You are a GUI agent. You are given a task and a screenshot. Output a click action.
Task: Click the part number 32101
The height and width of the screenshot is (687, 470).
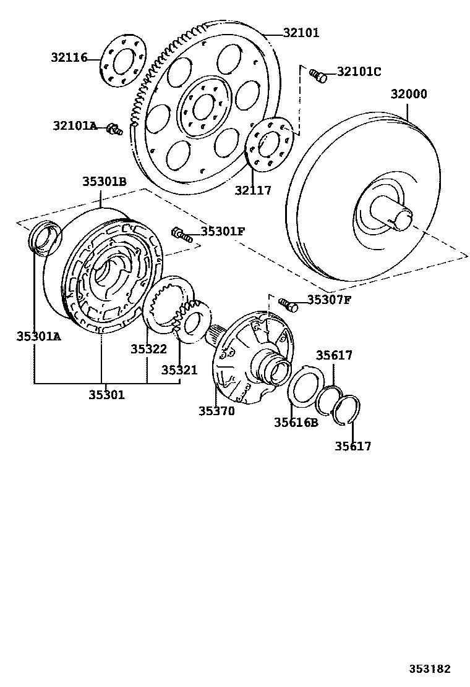tap(301, 33)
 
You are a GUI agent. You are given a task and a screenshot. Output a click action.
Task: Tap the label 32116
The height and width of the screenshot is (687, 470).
tap(69, 58)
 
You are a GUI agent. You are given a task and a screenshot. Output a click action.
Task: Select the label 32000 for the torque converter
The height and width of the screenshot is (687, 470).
tap(408, 95)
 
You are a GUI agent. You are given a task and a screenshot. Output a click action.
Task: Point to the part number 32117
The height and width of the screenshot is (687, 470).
tap(252, 190)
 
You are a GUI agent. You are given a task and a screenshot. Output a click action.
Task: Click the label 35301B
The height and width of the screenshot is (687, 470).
tap(105, 182)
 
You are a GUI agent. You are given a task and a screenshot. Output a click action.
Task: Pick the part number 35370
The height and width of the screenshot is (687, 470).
tap(216, 410)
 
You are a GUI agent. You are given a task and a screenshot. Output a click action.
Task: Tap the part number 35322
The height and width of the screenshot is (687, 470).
tap(148, 349)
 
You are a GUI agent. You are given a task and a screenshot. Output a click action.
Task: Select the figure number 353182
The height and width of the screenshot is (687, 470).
tap(429, 669)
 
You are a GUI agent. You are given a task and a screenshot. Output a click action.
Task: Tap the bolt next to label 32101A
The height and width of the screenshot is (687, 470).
tap(114, 129)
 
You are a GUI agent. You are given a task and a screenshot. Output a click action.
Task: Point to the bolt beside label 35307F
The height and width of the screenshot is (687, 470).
tap(288, 304)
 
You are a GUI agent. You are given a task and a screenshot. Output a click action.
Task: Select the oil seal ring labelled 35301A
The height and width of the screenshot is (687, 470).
tap(45, 238)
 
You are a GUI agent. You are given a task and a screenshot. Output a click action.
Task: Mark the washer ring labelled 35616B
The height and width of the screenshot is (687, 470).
tap(305, 387)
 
